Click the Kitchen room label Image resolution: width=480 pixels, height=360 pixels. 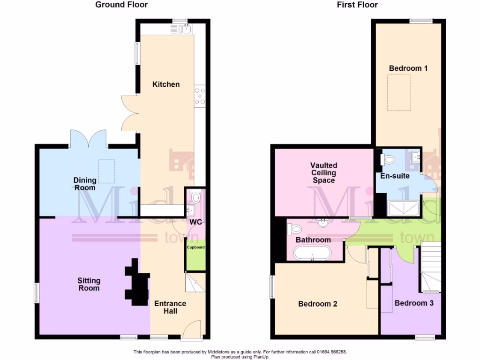(x=166, y=84)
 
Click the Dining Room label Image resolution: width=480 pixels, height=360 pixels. (x=84, y=184)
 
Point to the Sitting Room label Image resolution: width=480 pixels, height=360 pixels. (x=89, y=284)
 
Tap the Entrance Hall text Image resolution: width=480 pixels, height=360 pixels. (x=170, y=307)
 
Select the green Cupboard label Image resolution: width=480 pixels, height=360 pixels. (x=195, y=247)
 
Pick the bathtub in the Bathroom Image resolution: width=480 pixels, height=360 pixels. (x=312, y=253)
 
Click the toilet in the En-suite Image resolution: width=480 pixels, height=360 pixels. (x=388, y=160)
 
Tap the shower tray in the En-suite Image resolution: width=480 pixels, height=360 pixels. (x=404, y=207)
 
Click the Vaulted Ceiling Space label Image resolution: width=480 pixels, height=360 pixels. (x=323, y=173)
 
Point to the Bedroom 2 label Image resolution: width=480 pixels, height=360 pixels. (x=317, y=304)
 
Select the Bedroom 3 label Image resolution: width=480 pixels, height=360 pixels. (x=414, y=303)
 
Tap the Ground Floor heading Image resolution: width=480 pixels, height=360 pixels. (x=121, y=5)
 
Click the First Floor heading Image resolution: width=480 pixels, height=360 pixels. (x=357, y=5)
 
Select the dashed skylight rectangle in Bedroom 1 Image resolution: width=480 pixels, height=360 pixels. (x=399, y=92)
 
